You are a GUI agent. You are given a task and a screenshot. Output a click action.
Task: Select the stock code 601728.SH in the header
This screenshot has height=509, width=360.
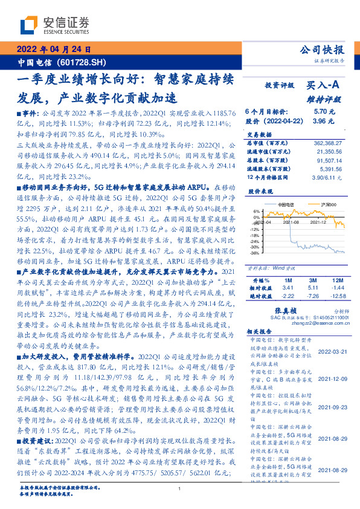(87, 62)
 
